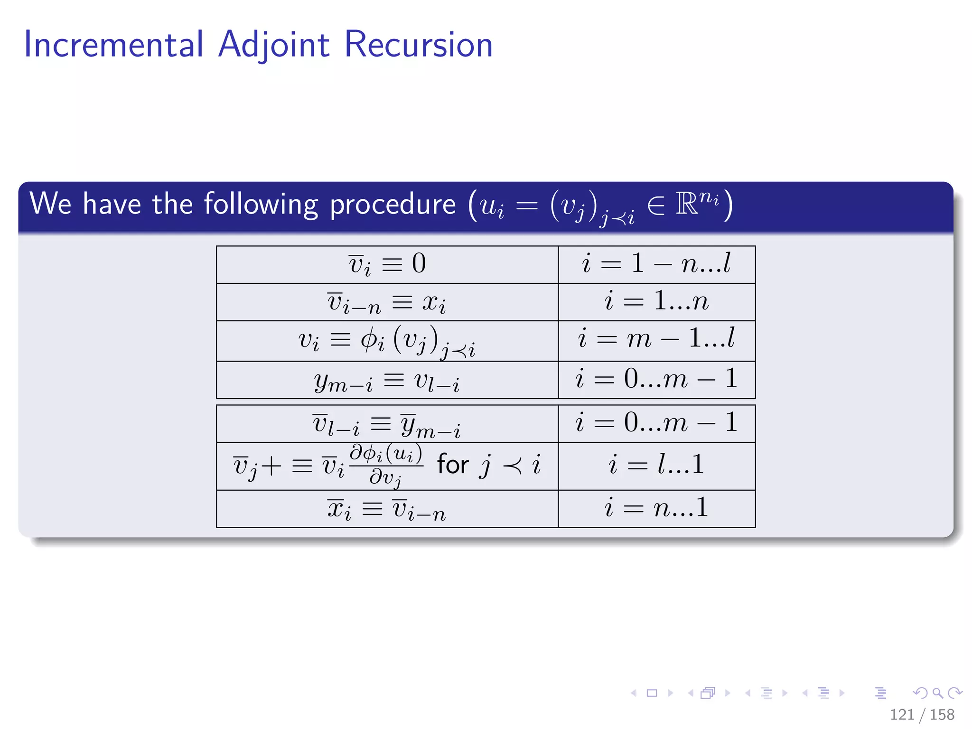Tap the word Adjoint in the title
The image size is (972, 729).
pos(274,45)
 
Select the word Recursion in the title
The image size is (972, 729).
pos(419,45)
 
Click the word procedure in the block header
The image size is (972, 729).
pos(393,205)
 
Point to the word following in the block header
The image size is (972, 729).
pos(261,205)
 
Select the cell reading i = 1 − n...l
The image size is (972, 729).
pos(656,264)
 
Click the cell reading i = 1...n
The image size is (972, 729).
pos(656,302)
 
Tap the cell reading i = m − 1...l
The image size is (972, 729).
pos(656,340)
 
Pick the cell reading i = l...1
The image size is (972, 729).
pos(656,465)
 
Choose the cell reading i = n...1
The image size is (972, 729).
pos(656,508)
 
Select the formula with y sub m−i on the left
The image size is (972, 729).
pos(387,381)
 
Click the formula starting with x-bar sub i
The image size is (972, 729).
pos(387,509)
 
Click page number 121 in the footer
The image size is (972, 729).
pos(902,714)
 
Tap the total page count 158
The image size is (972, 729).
pos(942,714)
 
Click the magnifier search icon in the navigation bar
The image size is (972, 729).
pos(937,693)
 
